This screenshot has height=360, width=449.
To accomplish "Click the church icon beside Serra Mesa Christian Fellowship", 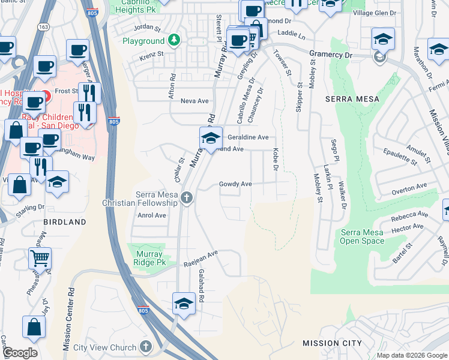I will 187,197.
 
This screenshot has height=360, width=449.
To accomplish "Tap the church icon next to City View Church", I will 146,347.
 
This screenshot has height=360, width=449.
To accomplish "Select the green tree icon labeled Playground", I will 174,41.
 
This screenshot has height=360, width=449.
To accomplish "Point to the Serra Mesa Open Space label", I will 362,236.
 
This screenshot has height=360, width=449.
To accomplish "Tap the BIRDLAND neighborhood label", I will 64,222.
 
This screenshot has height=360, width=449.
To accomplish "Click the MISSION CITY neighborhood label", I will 332,343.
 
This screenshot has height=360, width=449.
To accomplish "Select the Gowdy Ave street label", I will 235,184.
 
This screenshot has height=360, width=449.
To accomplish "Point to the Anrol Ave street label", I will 151,215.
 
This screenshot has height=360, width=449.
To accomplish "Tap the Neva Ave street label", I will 194,101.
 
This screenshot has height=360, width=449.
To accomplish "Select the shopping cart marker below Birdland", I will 40,259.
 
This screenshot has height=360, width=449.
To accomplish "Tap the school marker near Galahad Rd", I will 184,304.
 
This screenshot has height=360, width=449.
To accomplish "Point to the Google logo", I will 19,353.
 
